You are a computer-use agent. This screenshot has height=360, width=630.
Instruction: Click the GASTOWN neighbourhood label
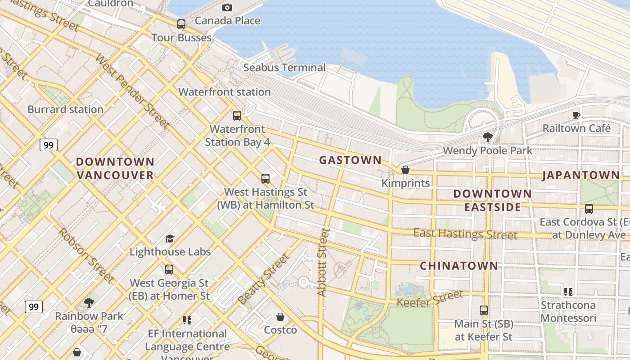(350, 160)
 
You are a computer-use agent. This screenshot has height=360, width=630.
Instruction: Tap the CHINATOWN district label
(459, 266)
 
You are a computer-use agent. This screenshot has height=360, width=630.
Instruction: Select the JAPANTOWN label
(580, 175)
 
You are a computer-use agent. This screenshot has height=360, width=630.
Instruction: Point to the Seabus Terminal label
(284, 67)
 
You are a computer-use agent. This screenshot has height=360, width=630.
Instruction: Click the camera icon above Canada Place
(227, 7)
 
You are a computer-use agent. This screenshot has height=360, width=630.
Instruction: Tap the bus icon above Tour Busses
(181, 24)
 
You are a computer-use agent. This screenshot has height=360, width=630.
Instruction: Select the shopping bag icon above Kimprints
(405, 170)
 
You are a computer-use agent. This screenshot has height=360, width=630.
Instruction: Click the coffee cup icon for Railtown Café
(576, 115)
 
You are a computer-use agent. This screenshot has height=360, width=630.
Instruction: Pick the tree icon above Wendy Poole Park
(487, 137)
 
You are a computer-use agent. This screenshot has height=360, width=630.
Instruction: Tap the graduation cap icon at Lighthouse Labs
(170, 238)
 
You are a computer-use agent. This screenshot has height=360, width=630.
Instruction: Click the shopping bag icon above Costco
(280, 317)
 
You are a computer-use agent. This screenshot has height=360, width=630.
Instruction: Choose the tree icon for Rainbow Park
(89, 302)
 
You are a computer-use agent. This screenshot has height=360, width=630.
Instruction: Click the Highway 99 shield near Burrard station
(48, 145)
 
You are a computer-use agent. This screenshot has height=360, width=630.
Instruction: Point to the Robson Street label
(85, 255)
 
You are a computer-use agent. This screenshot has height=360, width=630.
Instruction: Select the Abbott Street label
(323, 262)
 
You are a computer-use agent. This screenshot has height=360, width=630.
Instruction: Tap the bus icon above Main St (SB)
(484, 310)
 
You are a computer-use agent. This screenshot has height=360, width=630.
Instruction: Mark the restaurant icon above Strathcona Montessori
(568, 292)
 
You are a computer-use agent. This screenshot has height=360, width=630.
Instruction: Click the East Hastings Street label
(465, 234)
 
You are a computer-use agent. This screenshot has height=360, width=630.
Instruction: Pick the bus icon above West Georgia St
(169, 269)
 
